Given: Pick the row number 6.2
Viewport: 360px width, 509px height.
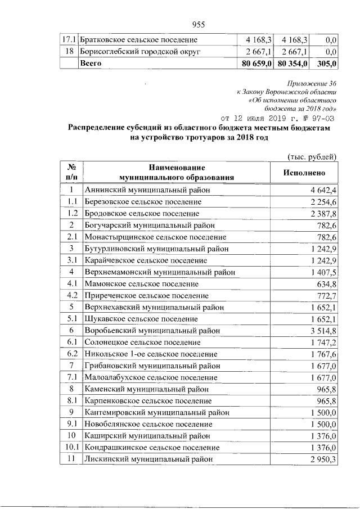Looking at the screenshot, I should pyautogui.click(x=71, y=354).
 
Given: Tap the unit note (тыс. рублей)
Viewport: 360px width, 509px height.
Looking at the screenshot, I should pyautogui.click(x=312, y=156).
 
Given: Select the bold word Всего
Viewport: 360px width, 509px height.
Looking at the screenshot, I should pyautogui.click(x=91, y=64).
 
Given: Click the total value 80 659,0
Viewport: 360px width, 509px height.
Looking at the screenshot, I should pyautogui.click(x=255, y=64).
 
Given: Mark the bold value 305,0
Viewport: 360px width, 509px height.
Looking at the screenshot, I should pyautogui.click(x=327, y=64).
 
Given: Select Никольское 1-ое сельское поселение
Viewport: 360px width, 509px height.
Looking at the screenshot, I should pyautogui.click(x=150, y=354).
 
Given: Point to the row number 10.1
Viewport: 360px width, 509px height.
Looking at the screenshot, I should pyautogui.click(x=71, y=447).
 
